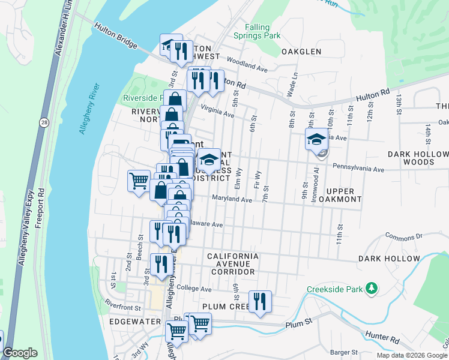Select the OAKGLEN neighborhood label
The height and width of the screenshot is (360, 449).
pyautogui.click(x=302, y=52)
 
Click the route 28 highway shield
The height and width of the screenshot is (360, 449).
pyautogui.click(x=46, y=122)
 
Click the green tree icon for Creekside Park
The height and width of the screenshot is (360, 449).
pyautogui.click(x=372, y=289)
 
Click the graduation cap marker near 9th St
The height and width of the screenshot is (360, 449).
pyautogui.click(x=316, y=140)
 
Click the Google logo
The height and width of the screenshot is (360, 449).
pyautogui.click(x=20, y=353)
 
